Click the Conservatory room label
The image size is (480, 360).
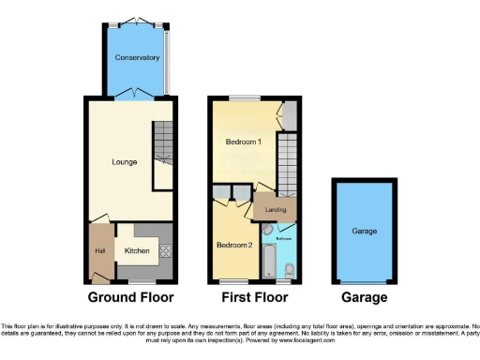click(137, 58)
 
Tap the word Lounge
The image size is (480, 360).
click(124, 162)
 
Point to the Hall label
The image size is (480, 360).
click(98, 250)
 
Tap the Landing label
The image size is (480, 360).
click(276, 210)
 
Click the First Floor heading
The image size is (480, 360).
click(253, 298)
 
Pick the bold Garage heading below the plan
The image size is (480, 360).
click(364, 298)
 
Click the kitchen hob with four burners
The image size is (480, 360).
click(166, 250)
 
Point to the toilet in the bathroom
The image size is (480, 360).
click(289, 270)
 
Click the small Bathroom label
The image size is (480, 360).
click(284, 239)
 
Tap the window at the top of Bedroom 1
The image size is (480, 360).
click(246, 97)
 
